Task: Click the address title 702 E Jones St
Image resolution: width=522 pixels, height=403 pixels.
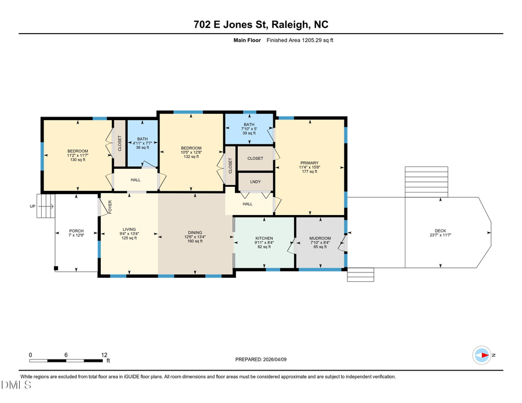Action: tap(260, 24)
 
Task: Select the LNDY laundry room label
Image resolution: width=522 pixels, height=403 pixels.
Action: tap(255, 182)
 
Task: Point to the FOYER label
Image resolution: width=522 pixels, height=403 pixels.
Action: tap(110, 206)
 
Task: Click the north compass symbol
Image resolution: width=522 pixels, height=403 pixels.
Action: tap(483, 355)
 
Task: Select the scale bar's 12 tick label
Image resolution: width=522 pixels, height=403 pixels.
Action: tap(104, 355)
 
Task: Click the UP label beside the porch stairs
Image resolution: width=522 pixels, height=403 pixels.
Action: tap(33, 206)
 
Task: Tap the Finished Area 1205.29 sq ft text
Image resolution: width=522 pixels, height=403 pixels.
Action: tap(300, 40)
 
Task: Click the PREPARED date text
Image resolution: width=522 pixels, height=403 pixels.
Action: tap(260, 360)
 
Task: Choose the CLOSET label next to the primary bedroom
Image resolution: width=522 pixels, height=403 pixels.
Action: tap(255, 158)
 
